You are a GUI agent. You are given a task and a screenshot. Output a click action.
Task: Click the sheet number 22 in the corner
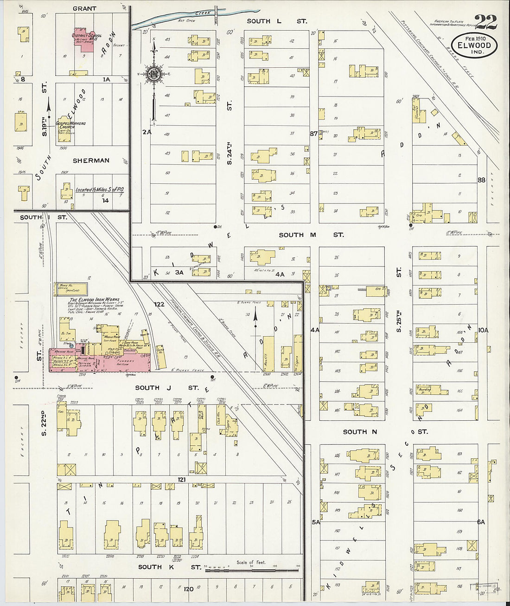pyautogui.click(x=485, y=22)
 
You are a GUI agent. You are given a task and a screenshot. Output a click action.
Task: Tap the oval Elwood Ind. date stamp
pyautogui.click(x=474, y=46)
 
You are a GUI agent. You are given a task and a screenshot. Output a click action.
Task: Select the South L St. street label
pyautogui.click(x=277, y=21)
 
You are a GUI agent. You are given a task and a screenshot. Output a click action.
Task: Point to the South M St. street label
pyautogui.click(x=311, y=235)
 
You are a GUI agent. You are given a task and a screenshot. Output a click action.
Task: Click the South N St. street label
pyautogui.click(x=384, y=432)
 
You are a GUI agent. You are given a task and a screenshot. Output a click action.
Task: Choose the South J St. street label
pyautogui.click(x=167, y=387)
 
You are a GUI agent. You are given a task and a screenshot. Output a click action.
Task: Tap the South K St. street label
pyautogui.click(x=169, y=567)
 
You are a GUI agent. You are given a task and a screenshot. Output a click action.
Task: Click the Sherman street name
pyautogui.click(x=91, y=161)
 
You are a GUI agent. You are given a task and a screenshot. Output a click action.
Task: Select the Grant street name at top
pyautogui.click(x=84, y=8)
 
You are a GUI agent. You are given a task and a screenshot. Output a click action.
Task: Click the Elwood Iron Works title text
pyautogui.click(x=94, y=300)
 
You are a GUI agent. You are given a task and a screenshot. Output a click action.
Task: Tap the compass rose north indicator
pyautogui.click(x=153, y=73)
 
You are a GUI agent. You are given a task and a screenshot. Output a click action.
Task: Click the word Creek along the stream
pyautogui.click(x=203, y=13)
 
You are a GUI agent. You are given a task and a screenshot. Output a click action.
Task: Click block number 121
pyautogui.click(x=181, y=479)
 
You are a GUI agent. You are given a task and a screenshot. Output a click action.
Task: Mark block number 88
pyautogui.click(x=481, y=180)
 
